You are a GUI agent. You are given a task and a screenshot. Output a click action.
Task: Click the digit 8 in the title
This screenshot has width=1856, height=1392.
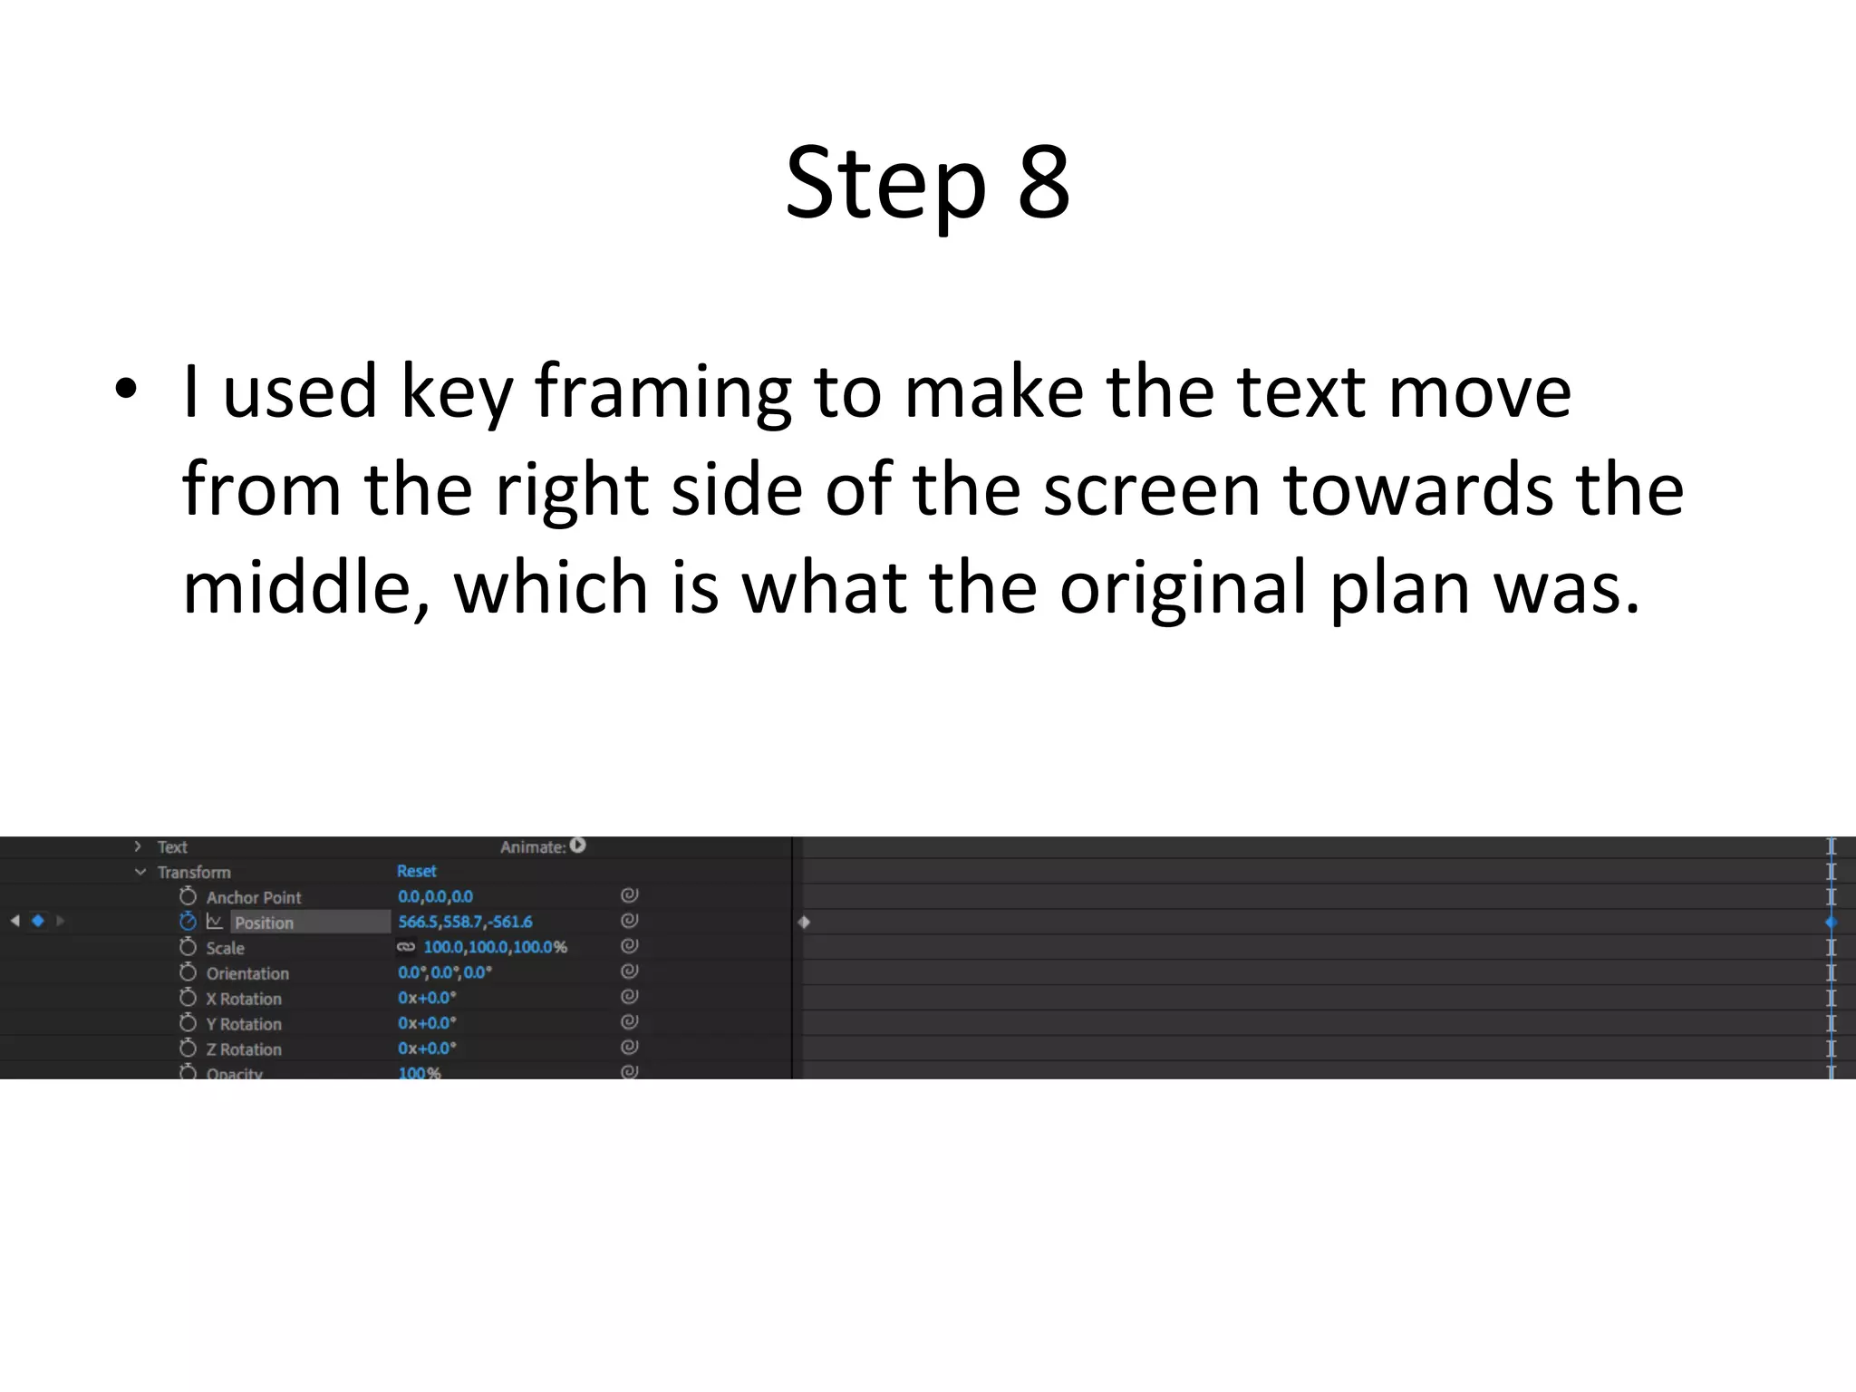point(1044,183)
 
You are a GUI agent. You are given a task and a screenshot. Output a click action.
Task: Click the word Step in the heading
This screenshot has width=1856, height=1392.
point(885,185)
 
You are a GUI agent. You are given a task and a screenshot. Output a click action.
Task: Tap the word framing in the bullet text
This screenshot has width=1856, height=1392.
point(662,391)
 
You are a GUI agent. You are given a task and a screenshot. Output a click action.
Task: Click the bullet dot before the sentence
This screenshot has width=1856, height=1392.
point(126,390)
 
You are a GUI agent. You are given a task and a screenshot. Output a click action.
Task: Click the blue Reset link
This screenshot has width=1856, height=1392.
point(417,871)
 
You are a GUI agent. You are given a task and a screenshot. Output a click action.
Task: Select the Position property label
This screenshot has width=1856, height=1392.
point(264,923)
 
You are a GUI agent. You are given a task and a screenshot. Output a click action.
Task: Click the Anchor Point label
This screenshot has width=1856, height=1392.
point(254,897)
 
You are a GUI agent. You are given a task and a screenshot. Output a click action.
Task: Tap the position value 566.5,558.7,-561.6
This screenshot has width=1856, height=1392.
point(465,922)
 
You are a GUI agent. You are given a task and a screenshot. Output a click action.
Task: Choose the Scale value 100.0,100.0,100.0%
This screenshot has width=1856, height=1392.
point(495,947)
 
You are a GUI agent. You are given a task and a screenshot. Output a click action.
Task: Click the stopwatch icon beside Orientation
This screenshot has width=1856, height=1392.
point(188,972)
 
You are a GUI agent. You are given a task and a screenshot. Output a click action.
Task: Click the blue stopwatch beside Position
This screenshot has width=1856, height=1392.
point(188,922)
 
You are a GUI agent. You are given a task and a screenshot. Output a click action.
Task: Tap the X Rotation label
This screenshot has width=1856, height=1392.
point(244,999)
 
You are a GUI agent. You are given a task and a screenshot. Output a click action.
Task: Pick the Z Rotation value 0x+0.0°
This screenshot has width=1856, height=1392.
point(427,1049)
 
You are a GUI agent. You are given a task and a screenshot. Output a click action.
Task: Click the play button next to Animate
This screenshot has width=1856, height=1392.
point(578,846)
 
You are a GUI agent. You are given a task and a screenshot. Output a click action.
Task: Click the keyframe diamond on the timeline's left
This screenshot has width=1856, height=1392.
point(804,923)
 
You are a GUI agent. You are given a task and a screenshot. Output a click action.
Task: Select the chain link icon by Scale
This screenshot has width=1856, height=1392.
point(406,947)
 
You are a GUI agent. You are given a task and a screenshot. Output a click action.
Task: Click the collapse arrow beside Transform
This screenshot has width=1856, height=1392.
point(140,872)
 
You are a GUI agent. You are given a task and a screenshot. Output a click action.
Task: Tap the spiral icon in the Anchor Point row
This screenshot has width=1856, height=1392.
point(630,895)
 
